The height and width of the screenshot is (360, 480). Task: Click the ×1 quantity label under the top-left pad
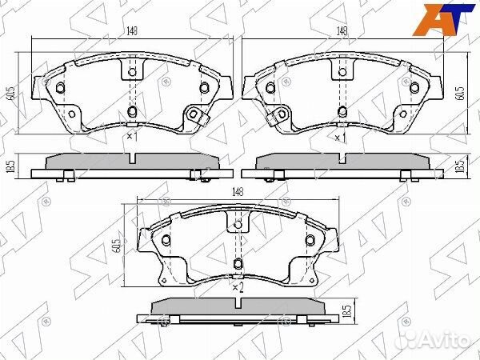132,138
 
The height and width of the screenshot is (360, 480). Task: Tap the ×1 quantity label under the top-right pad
340,138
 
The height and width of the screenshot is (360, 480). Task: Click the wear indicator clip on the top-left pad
195,118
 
